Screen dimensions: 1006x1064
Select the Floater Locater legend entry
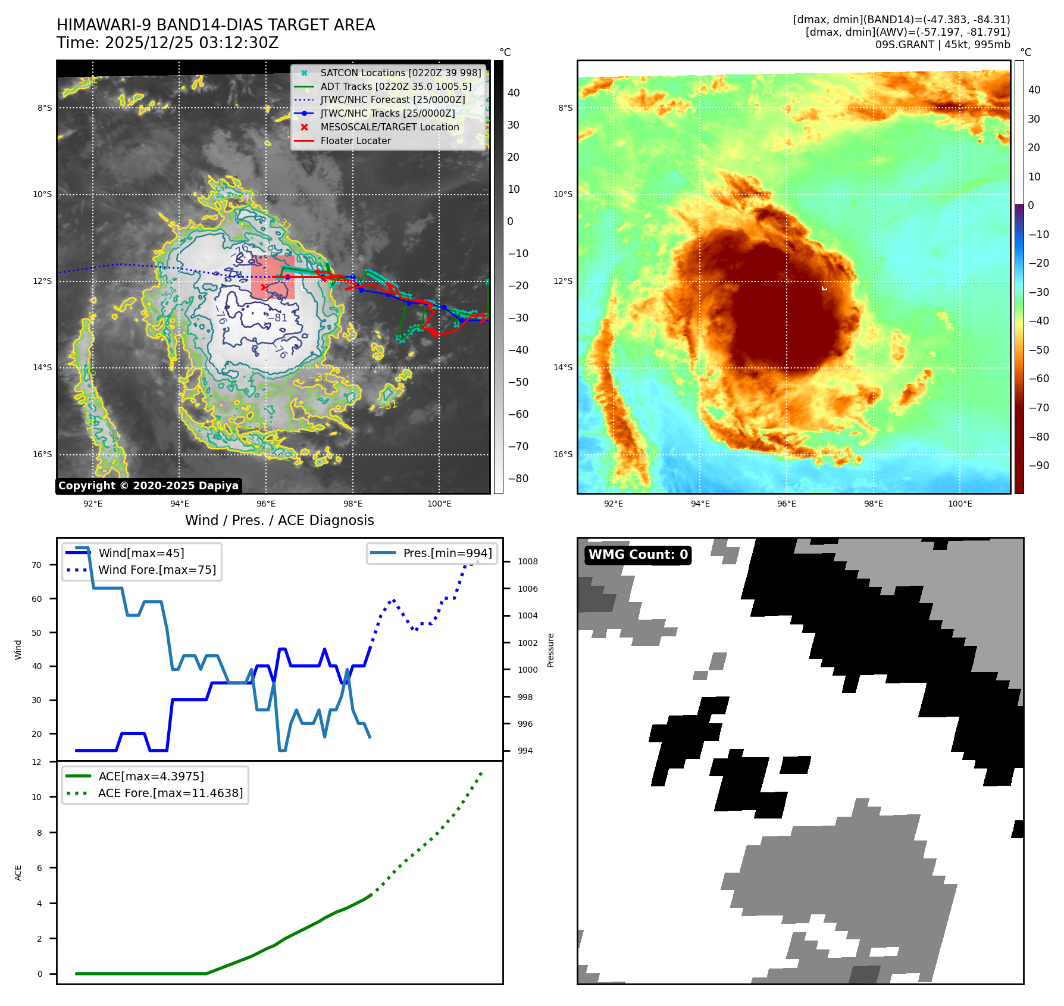pos(355,140)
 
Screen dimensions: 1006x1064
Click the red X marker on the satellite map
pos(264,287)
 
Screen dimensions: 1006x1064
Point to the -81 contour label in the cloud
pos(278,318)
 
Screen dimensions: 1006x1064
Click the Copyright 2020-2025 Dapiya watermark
pos(148,486)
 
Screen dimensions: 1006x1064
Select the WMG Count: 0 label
pos(638,555)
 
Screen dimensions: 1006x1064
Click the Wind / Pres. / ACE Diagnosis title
pos(279,520)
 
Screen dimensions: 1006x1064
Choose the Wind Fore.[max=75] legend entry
pos(157,570)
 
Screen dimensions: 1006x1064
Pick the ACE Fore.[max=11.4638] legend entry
pos(170,793)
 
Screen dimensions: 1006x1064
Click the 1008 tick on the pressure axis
pos(527,561)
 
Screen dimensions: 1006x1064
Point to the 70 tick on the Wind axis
pos(37,565)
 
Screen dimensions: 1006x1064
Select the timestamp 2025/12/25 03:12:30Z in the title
pos(191,43)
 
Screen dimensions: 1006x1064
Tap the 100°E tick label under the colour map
pos(959,504)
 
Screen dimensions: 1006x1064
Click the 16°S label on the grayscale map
pos(42,454)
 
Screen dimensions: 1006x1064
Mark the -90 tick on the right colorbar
pos(1038,465)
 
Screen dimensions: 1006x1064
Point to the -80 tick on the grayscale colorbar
pos(518,479)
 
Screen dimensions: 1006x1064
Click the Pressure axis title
pos(550,650)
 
